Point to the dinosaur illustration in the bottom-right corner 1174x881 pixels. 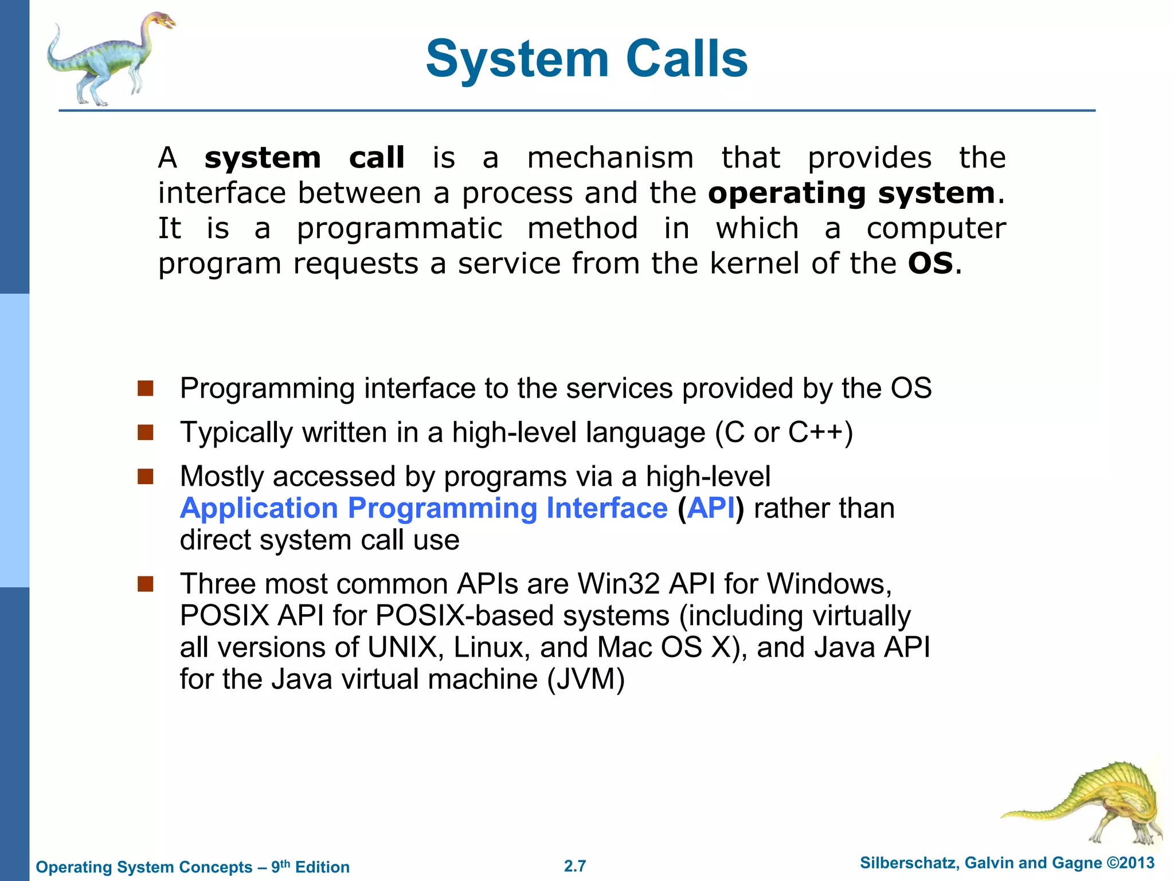pos(1089,803)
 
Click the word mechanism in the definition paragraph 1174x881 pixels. pos(610,158)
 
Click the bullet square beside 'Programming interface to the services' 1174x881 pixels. pos(146,388)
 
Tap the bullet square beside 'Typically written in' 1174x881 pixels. pos(146,432)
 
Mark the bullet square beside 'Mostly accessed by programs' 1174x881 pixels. pos(146,476)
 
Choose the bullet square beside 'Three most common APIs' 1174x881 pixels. pos(146,584)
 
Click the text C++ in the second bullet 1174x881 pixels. pos(815,432)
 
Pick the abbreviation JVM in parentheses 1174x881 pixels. pos(585,679)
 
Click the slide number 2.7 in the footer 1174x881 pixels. pos(575,866)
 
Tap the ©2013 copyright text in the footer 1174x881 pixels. pos(1130,863)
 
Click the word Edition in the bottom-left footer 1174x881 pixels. pos(322,867)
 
